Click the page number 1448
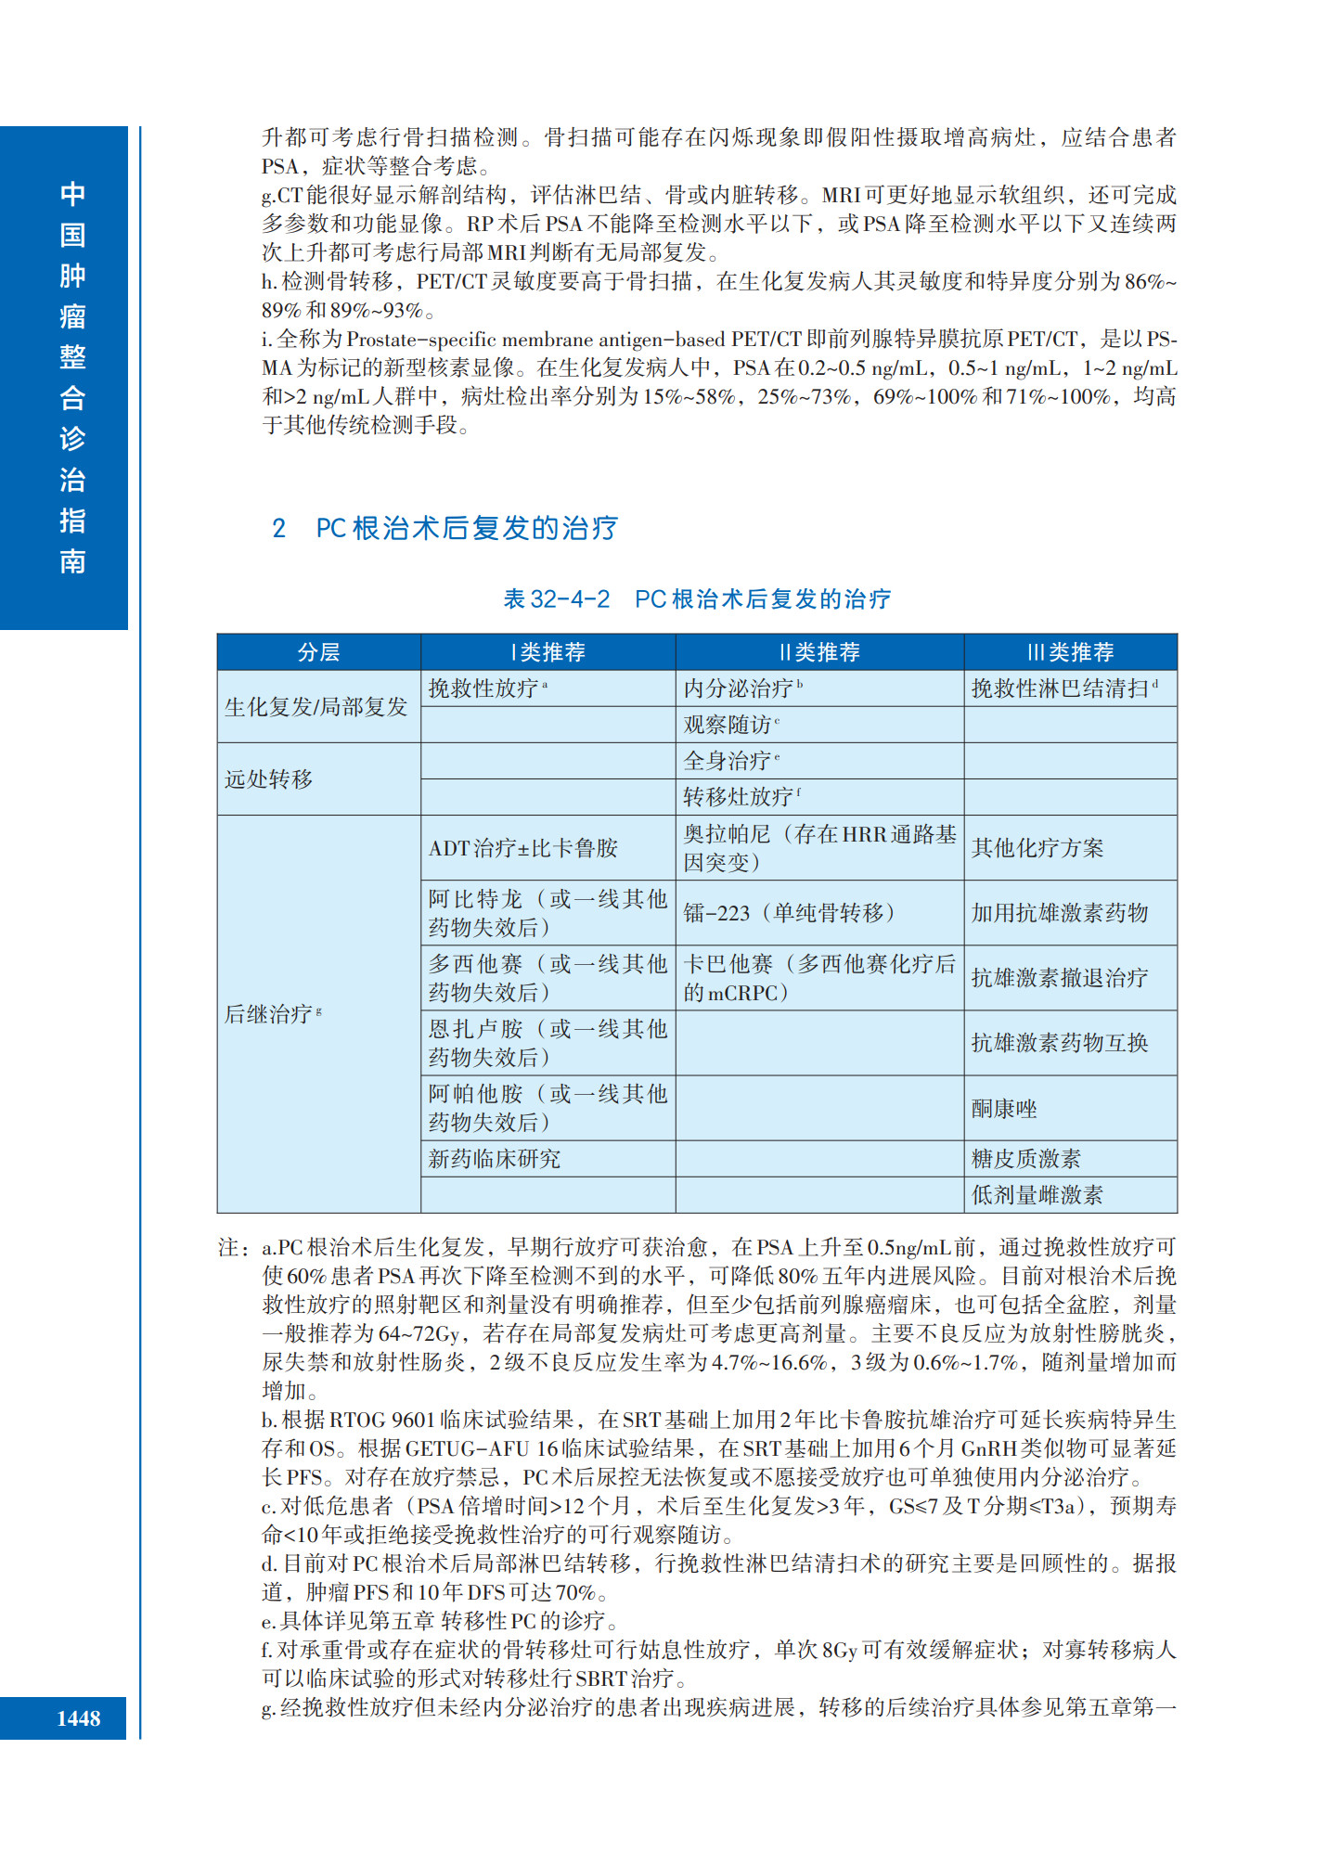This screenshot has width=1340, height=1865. tap(78, 1718)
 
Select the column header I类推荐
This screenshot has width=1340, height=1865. tap(548, 652)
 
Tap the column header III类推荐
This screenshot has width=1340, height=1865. tap(1070, 652)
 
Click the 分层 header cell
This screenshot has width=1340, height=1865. tap(318, 652)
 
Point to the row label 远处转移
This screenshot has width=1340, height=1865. tap(269, 779)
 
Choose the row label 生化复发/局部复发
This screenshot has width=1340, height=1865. tap(316, 707)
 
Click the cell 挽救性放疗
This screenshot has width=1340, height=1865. tap(484, 688)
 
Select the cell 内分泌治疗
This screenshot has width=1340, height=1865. tap(740, 688)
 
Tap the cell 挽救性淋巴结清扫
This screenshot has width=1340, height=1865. tap(1061, 688)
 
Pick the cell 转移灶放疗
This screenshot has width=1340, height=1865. tap(740, 797)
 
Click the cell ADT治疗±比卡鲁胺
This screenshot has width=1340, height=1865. tap(523, 848)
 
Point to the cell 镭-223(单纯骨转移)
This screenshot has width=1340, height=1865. tap(789, 913)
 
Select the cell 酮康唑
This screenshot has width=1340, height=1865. tap(1004, 1109)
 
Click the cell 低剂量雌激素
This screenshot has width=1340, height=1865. tap(1037, 1195)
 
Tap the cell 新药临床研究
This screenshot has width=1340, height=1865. tap(495, 1159)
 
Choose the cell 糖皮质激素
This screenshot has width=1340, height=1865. tap(1026, 1159)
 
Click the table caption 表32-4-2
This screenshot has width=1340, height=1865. tap(557, 599)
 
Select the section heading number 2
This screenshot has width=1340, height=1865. tap(278, 529)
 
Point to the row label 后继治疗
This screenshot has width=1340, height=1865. tap(269, 1014)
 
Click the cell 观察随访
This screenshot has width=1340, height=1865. tap(728, 725)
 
